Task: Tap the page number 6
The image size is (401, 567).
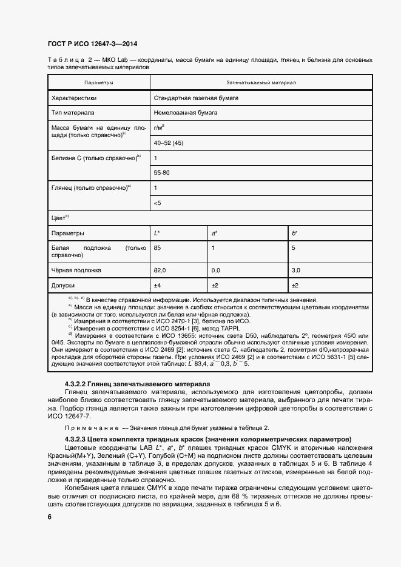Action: [x=50, y=517]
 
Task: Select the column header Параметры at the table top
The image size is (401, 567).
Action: [x=98, y=82]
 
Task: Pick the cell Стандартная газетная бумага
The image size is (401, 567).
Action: [x=196, y=97]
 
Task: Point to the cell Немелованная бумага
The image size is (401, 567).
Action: [x=186, y=112]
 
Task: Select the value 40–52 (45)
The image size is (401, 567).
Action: [x=169, y=143]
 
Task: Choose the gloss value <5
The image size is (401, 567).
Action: [x=158, y=203]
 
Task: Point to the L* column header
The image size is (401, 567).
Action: [x=157, y=232]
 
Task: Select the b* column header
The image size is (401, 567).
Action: [x=295, y=232]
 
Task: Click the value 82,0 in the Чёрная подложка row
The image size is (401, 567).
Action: [x=160, y=270]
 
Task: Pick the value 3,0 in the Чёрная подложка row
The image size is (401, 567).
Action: [x=296, y=270]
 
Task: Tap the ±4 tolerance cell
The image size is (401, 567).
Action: [x=157, y=284]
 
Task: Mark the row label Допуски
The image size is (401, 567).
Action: [x=63, y=284]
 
